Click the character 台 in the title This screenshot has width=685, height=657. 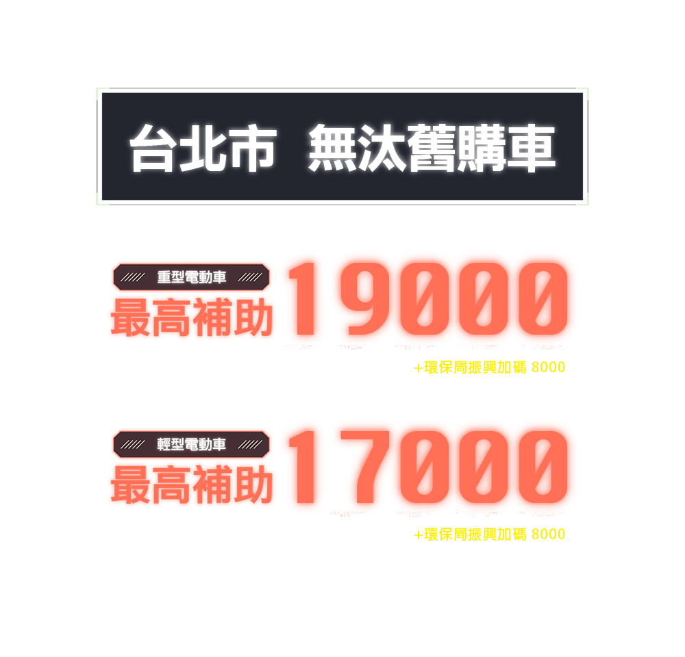click(151, 148)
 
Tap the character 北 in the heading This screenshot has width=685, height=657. click(201, 148)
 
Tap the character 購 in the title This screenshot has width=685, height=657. click(480, 148)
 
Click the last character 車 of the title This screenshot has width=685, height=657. click(530, 148)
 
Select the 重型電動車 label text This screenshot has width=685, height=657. click(192, 277)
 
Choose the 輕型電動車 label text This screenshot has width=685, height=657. click(192, 444)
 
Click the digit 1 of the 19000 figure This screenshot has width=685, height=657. click(301, 298)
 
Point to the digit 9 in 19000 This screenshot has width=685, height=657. click(356, 298)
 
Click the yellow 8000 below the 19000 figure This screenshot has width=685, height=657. click(548, 368)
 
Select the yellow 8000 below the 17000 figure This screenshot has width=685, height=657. click(548, 534)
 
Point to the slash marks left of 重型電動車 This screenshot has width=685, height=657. click(132, 277)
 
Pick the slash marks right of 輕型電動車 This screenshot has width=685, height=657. click(251, 444)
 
